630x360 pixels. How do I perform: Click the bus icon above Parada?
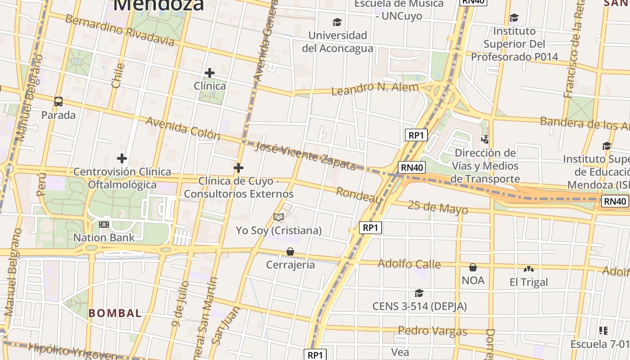click(x=58, y=102)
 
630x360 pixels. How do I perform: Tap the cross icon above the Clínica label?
click(x=209, y=72)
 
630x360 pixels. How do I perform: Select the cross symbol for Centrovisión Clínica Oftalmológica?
click(x=121, y=158)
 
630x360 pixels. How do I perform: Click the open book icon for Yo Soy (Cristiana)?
click(x=279, y=217)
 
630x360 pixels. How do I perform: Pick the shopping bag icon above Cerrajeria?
click(x=290, y=252)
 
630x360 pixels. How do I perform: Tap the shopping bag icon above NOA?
click(x=473, y=268)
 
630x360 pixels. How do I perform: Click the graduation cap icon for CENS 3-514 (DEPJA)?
click(x=419, y=293)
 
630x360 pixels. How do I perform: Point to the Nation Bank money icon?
click(x=104, y=225)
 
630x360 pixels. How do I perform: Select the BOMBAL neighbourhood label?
click(x=115, y=313)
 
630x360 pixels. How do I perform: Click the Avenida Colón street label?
click(x=183, y=128)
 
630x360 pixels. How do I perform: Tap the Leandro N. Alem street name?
click(x=375, y=88)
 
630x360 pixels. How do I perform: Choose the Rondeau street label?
click(x=359, y=195)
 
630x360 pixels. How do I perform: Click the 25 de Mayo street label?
click(x=437, y=207)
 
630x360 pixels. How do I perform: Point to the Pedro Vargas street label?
click(x=432, y=331)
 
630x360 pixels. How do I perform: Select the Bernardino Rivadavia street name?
click(x=119, y=30)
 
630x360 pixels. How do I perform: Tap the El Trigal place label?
click(x=529, y=282)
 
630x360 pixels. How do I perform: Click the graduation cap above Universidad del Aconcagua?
click(x=337, y=22)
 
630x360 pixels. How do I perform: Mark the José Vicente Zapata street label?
click(x=306, y=155)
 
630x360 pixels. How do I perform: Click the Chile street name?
click(x=117, y=75)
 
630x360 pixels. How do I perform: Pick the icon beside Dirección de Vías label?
click(x=485, y=139)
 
